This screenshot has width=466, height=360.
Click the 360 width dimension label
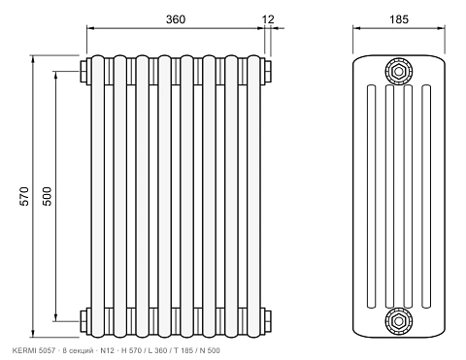[x=176, y=19]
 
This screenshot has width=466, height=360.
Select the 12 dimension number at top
[x=268, y=19]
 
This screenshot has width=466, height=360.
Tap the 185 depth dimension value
[x=399, y=19]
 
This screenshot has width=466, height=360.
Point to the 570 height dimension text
[x=24, y=196]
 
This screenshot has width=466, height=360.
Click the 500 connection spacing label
[x=47, y=196]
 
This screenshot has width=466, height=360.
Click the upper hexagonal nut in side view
[x=399, y=71]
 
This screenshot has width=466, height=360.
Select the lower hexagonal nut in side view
[x=399, y=321]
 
